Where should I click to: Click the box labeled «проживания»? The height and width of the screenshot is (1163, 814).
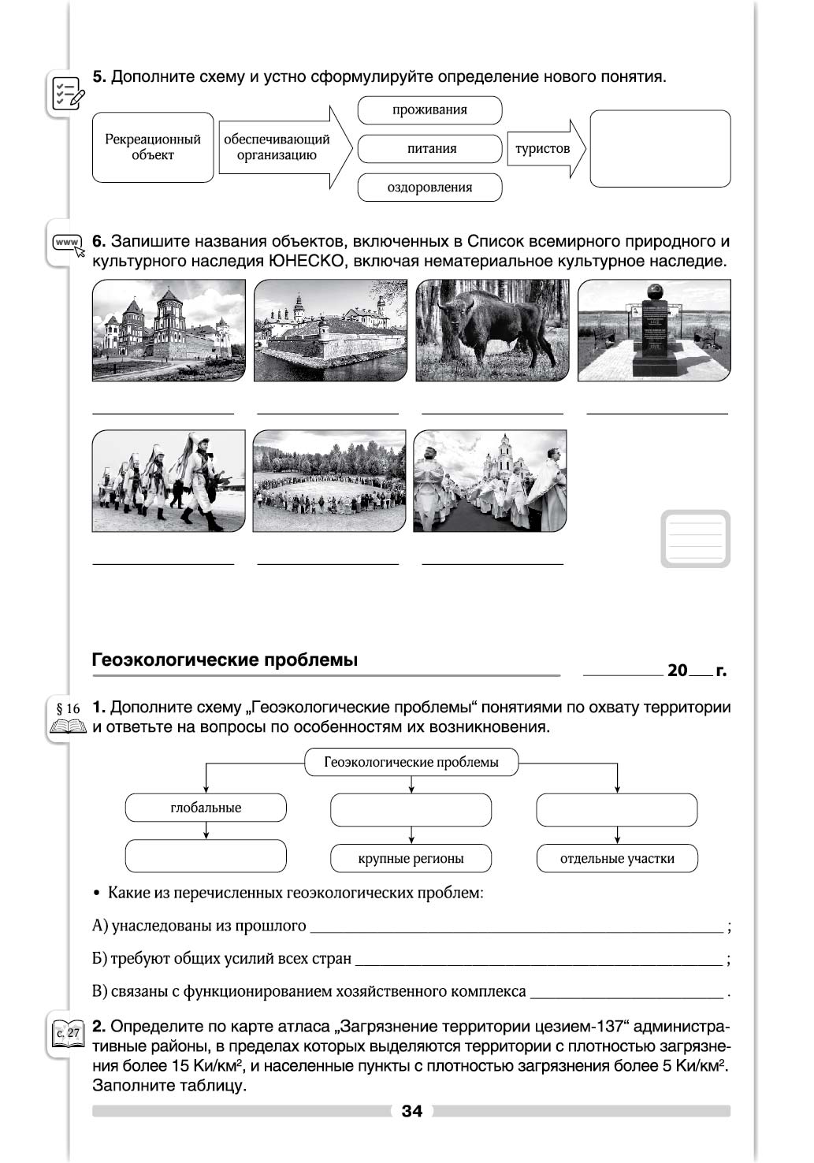(x=429, y=110)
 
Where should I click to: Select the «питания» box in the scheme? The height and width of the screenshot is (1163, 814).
(x=429, y=148)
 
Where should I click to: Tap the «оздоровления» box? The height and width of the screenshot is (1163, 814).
(x=429, y=188)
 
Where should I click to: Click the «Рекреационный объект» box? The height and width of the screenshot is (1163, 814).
(x=153, y=147)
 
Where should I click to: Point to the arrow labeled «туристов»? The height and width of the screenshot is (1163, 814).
(x=546, y=148)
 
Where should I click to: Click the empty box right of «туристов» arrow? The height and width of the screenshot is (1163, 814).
(x=660, y=148)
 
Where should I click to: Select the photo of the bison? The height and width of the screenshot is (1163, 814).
(x=492, y=330)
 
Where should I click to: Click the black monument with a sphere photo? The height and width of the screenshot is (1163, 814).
(x=654, y=330)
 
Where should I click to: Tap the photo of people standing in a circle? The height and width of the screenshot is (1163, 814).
(x=329, y=481)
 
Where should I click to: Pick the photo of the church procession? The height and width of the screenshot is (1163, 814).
(x=489, y=481)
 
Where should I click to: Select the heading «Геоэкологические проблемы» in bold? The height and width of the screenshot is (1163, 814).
(x=225, y=660)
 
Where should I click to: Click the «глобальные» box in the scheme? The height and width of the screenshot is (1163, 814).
(x=206, y=808)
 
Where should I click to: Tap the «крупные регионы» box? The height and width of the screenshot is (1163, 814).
(x=411, y=858)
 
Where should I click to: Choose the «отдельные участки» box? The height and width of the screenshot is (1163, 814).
(x=617, y=858)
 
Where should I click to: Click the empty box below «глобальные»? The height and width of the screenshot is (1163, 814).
(x=206, y=856)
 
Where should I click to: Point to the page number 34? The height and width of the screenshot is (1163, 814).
(x=411, y=1111)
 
